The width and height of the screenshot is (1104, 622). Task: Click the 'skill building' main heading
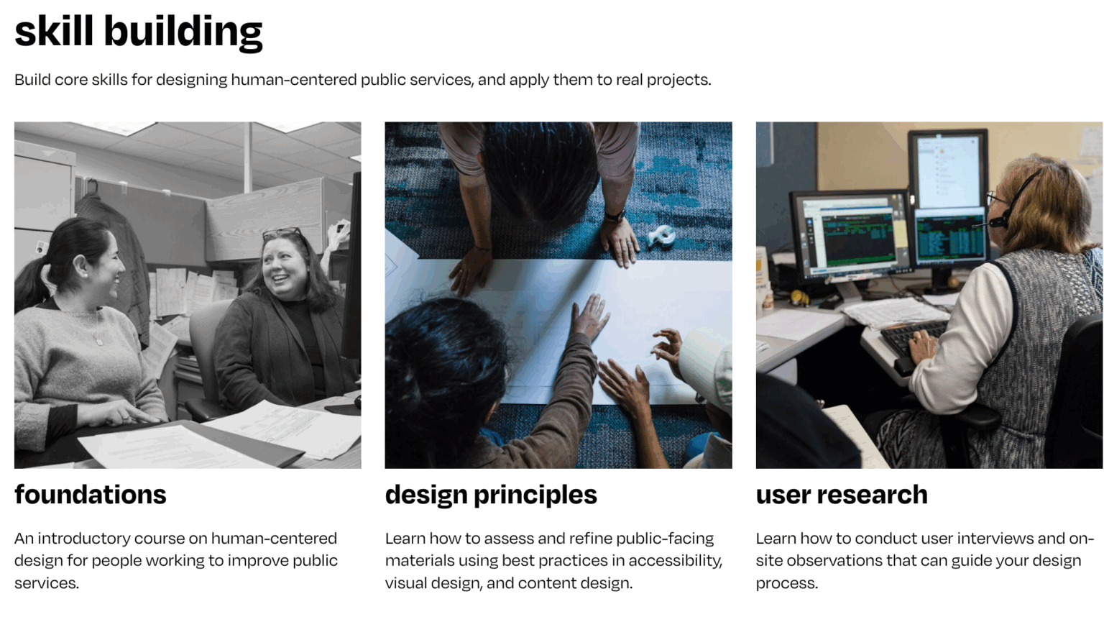tap(138, 32)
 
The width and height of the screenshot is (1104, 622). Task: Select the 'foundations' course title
tap(90, 495)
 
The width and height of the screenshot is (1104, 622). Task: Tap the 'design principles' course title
tap(490, 495)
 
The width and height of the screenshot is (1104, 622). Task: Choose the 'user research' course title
tap(841, 495)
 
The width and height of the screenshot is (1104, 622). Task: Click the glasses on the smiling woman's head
tap(282, 233)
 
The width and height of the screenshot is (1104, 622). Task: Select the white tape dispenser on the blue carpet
tap(662, 235)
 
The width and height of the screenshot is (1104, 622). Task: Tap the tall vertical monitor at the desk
tap(947, 169)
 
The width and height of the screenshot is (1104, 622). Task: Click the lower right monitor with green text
tap(949, 236)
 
